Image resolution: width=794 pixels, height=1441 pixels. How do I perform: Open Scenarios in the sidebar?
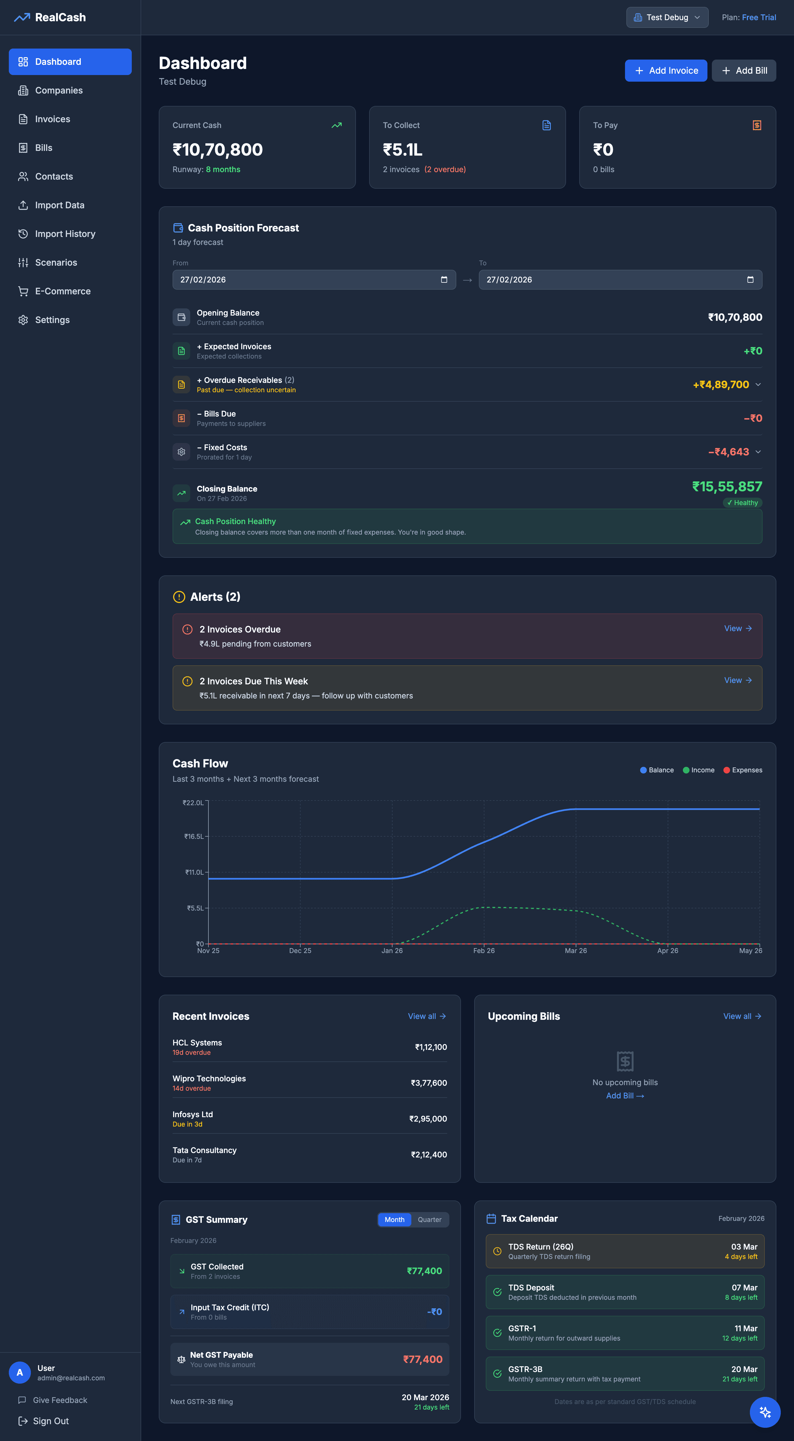[x=56, y=262]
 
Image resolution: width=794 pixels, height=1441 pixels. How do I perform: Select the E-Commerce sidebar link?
[x=63, y=291]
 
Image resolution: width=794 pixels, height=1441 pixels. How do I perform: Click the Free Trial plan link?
[x=759, y=17]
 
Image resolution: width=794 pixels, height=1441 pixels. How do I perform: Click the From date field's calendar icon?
[x=444, y=280]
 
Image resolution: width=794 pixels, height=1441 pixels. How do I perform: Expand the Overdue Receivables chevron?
[x=758, y=384]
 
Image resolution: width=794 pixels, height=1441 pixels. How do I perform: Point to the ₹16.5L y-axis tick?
[x=194, y=836]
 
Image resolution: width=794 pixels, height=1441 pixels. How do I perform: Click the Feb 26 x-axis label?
[x=484, y=950]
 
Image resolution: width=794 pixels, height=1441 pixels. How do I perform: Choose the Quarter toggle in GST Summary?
[x=430, y=1219]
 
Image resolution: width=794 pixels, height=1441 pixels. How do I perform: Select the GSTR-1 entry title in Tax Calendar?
[x=522, y=1328]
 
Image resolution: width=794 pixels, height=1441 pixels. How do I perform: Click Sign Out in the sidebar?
[x=50, y=1421]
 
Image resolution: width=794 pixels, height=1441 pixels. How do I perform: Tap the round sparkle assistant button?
[x=765, y=1412]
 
